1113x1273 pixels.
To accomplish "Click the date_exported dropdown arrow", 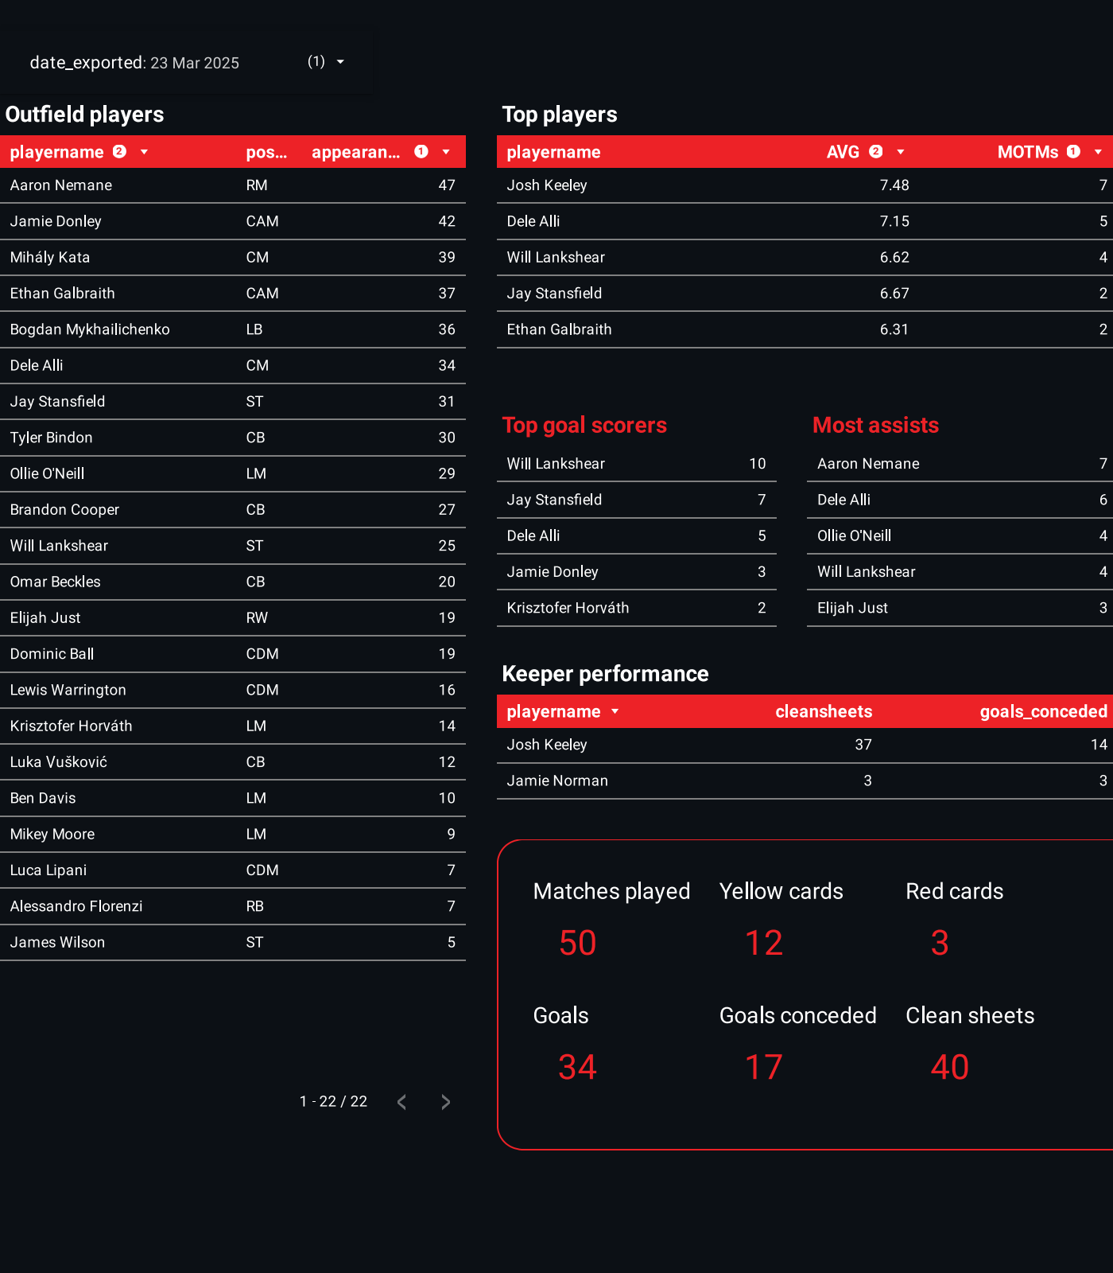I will coord(340,62).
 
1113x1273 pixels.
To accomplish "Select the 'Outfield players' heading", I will coord(84,115).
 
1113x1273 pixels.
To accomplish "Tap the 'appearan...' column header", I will coord(355,152).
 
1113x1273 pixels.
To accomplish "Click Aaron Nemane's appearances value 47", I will coord(447,185).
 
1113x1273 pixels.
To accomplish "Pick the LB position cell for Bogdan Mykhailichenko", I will coord(254,329).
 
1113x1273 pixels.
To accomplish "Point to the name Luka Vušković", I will coord(59,762).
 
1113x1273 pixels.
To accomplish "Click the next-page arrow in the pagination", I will coord(445,1102).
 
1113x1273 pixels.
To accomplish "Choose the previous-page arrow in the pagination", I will coord(402,1102).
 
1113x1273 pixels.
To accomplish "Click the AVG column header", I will coord(843,152).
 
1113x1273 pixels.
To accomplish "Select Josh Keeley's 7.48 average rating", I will coord(894,185).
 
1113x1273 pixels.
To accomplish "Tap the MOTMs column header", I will coord(1027,152).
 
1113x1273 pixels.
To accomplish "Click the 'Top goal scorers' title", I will coord(584,426).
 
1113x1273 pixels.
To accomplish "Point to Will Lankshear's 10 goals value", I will coord(757,464).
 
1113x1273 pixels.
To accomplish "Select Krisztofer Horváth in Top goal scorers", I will coord(568,608).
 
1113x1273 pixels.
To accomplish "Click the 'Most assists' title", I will coord(875,426).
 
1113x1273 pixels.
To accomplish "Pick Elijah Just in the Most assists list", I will coord(852,608).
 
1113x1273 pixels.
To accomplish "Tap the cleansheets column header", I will coord(824,711).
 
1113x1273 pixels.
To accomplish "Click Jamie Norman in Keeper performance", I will coord(557,781).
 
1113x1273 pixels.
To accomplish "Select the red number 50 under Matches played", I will coord(578,944).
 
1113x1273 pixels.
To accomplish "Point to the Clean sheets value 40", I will coord(950,1068).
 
